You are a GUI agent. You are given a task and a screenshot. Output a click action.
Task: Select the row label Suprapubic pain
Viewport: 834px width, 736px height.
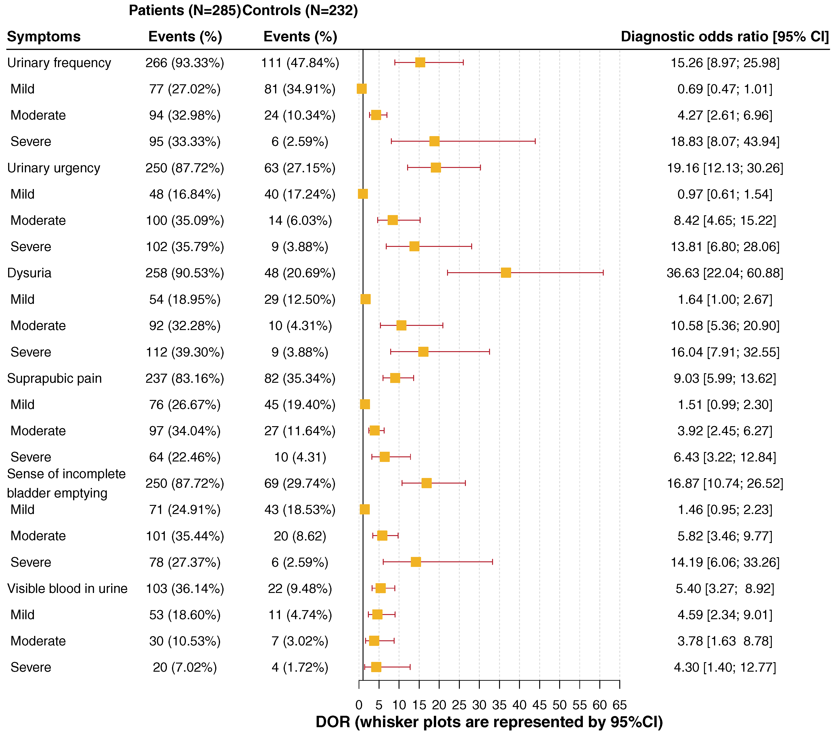(x=54, y=378)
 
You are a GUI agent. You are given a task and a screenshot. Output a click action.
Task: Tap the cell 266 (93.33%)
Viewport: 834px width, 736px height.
(x=185, y=63)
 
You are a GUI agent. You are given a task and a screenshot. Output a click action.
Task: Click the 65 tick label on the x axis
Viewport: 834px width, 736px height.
(x=619, y=705)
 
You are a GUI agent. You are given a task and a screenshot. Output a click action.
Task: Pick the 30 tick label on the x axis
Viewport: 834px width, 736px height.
(x=479, y=705)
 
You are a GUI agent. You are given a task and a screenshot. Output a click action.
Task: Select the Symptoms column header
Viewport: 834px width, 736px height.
(x=44, y=37)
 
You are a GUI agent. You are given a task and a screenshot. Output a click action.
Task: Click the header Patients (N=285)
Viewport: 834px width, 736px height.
(x=185, y=10)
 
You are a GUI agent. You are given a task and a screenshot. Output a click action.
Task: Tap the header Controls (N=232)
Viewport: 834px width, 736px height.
(x=300, y=10)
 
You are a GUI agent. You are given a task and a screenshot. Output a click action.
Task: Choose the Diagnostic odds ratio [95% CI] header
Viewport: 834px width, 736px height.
(x=725, y=37)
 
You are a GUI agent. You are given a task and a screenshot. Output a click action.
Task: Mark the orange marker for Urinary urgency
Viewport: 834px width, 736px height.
(x=436, y=168)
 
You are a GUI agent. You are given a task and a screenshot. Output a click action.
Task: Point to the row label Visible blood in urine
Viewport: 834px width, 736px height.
(x=67, y=589)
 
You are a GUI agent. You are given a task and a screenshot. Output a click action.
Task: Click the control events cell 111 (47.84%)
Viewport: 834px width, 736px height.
(x=300, y=63)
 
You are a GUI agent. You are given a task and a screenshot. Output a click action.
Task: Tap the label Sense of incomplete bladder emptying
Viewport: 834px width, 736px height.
(x=66, y=483)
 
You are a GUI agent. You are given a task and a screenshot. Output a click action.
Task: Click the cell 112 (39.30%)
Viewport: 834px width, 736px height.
(x=185, y=352)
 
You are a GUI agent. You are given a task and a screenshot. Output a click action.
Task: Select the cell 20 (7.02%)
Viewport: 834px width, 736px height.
(x=185, y=667)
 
